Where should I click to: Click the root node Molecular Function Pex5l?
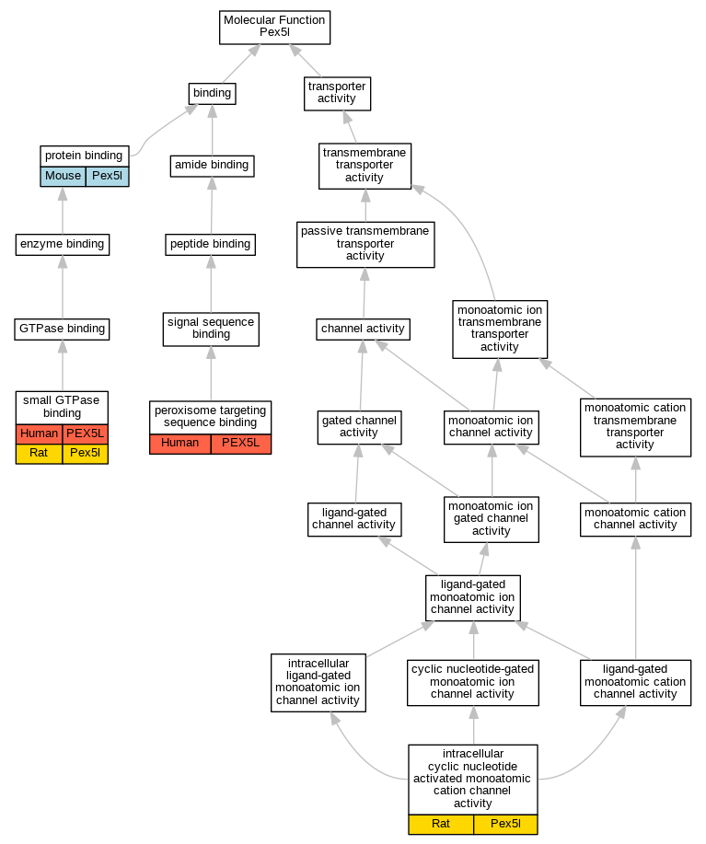(x=274, y=27)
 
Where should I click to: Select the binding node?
(x=212, y=93)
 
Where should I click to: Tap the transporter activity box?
(x=337, y=92)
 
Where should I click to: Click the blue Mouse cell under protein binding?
(x=63, y=176)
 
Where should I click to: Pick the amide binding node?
(x=212, y=166)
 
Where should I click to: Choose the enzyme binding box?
(x=63, y=244)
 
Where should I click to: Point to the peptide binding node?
(x=211, y=244)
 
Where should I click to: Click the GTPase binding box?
(x=63, y=329)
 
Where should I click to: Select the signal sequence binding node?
(x=211, y=329)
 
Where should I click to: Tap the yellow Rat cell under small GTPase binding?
(x=39, y=454)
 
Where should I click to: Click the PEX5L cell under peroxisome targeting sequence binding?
(x=241, y=444)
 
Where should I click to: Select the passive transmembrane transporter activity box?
(x=365, y=244)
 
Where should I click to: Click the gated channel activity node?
(x=359, y=426)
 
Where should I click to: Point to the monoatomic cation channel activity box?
(x=635, y=519)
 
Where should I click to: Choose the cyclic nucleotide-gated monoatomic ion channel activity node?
(x=473, y=681)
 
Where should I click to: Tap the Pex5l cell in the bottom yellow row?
(x=505, y=824)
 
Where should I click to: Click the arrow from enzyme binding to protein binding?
(x=63, y=211)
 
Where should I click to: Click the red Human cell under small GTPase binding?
(x=39, y=434)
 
